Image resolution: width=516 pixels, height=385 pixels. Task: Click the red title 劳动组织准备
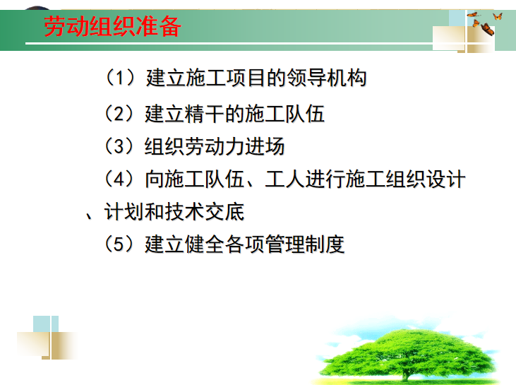click(x=113, y=27)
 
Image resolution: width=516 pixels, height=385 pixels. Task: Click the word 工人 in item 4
click(x=284, y=180)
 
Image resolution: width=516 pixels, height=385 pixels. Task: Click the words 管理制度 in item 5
click(x=312, y=244)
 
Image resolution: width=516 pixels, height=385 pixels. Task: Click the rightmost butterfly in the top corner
click(x=498, y=16)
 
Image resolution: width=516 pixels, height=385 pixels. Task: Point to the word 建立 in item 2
click(x=164, y=113)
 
